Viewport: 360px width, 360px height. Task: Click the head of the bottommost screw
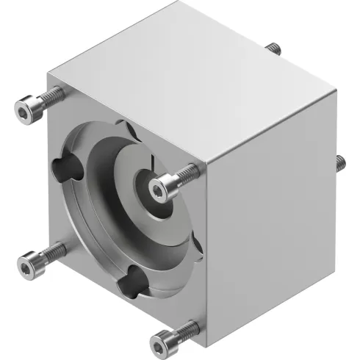tap(162, 340)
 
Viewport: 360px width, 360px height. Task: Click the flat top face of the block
tap(191, 66)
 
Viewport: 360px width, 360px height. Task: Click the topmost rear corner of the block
tap(178, 3)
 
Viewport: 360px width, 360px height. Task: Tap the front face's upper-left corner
tap(48, 72)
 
